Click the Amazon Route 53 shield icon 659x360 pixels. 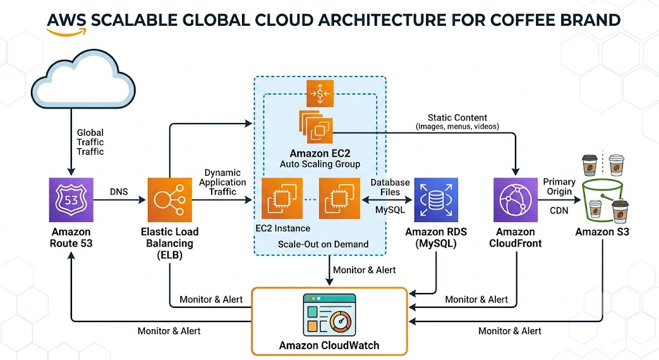click(x=71, y=200)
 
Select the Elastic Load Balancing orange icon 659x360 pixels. click(x=170, y=200)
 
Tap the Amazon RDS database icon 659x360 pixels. click(x=436, y=200)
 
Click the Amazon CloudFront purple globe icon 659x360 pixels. click(x=515, y=200)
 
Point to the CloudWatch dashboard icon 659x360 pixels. click(x=329, y=314)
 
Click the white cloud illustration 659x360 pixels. click(x=83, y=79)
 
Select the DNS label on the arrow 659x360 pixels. click(x=118, y=192)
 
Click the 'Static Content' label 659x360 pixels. click(x=458, y=118)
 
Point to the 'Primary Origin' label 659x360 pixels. click(x=559, y=186)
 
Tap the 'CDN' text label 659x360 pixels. click(x=559, y=211)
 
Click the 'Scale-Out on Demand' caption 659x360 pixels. click(x=323, y=244)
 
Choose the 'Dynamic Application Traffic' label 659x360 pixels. click(x=222, y=182)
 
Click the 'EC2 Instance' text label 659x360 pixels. click(x=283, y=229)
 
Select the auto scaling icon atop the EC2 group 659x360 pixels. click(x=320, y=93)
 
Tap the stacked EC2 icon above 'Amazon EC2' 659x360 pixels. click(x=316, y=127)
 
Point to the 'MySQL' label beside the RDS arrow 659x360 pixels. click(x=390, y=209)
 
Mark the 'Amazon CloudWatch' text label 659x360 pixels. click(x=329, y=345)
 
